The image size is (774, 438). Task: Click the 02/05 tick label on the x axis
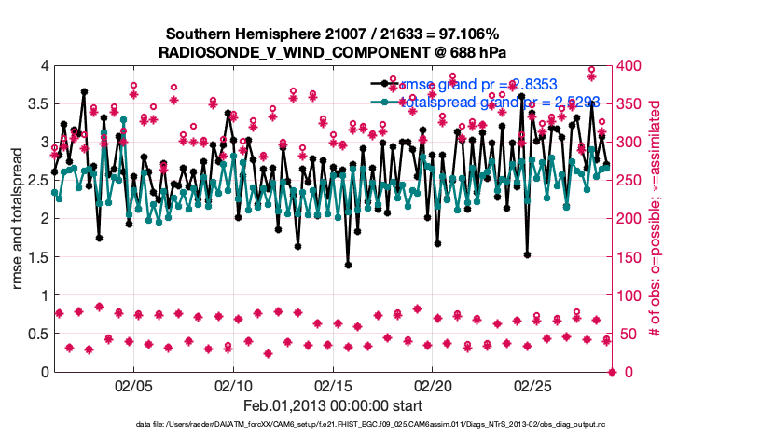click(132, 385)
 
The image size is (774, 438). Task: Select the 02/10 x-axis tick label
click(232, 385)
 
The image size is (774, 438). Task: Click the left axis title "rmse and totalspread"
click(18, 219)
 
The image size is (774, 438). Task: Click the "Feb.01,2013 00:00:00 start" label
click(333, 406)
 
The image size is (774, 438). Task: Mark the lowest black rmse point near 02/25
click(528, 253)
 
